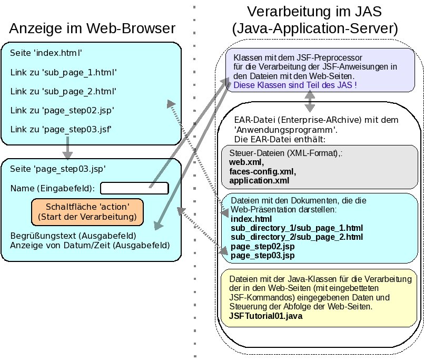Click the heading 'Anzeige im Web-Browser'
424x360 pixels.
pos(92,28)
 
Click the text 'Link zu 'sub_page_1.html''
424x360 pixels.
pos(63,72)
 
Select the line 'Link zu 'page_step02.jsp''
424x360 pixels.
pos(62,110)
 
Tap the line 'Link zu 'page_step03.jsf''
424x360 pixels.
pos(61,129)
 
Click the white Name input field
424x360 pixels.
pos(134,188)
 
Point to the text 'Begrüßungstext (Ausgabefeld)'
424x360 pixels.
pos(73,235)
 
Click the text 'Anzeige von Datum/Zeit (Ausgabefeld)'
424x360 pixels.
pos(90,245)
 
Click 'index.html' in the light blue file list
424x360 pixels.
pos(251,219)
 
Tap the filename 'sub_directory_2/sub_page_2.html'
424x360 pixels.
pos(297,237)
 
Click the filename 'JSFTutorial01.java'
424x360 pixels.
pos(266,316)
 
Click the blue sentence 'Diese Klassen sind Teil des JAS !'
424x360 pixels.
pos(295,84)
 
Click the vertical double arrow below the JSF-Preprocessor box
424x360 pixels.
pos(310,99)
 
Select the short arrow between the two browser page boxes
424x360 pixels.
pos(67,149)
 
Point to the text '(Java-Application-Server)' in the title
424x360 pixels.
pos(315,28)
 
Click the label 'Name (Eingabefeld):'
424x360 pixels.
pos(53,189)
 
